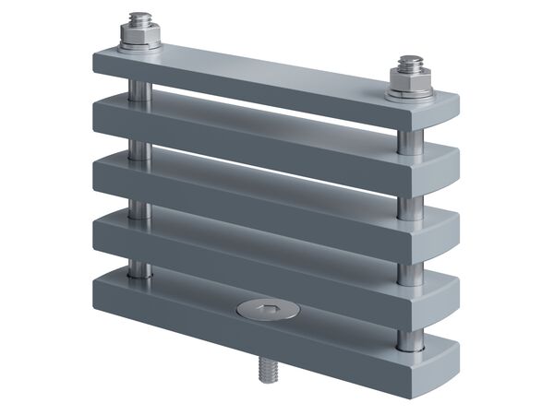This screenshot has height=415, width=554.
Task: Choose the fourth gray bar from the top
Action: [x=277, y=244]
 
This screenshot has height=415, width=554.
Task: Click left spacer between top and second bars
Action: [x=138, y=89]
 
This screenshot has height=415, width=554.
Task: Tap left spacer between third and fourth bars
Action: [x=138, y=207]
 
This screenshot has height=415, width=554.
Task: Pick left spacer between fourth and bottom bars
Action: [x=138, y=267]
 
